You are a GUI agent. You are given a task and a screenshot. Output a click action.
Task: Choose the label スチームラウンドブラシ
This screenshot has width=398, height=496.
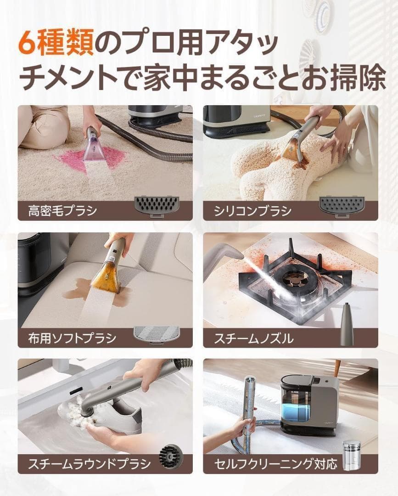point(89,464)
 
